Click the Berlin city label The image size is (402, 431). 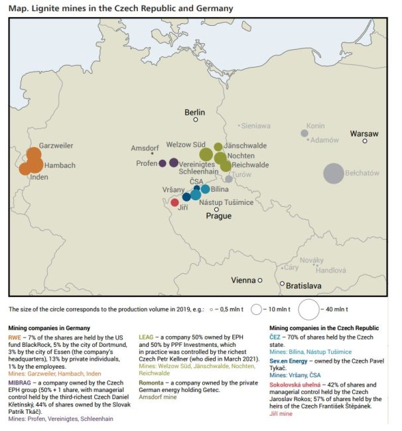[x=195, y=111]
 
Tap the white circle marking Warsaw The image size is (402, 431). [x=365, y=141]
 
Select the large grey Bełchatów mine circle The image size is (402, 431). [x=334, y=173]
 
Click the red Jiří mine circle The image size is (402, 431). [x=174, y=202]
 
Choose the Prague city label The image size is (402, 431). [x=218, y=216]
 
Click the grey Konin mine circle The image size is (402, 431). [x=304, y=133]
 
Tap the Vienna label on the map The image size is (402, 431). [x=243, y=280]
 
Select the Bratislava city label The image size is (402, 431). [x=304, y=286]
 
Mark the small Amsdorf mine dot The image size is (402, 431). [x=153, y=154]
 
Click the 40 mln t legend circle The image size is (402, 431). [x=310, y=309]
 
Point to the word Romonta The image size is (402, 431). [x=154, y=383]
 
